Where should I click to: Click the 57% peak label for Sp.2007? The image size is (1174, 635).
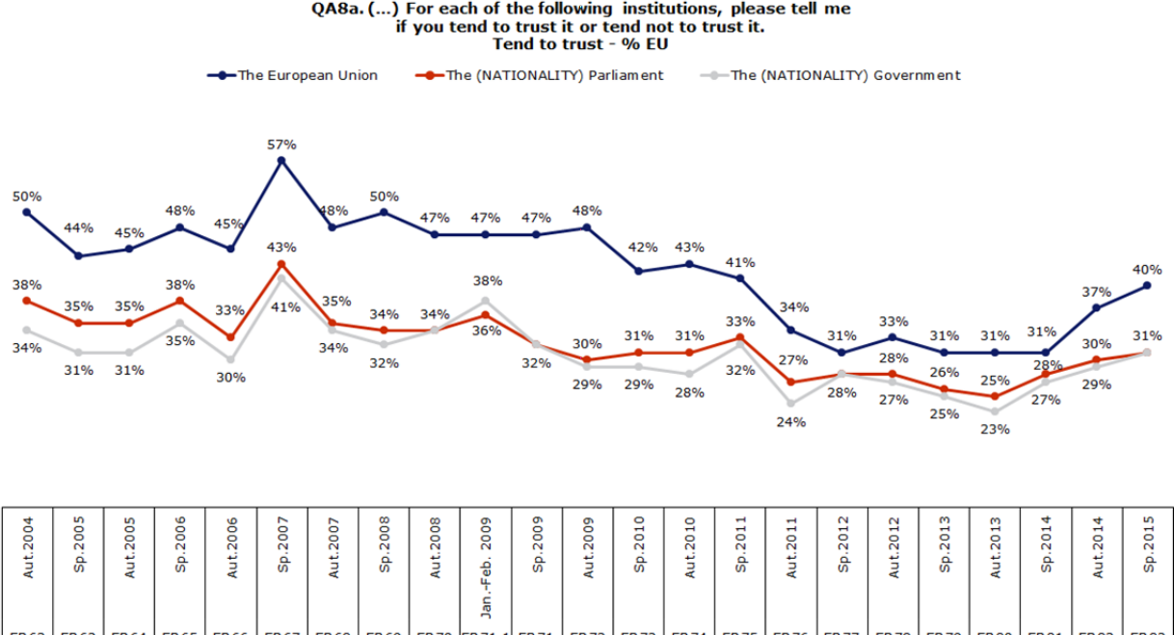tap(281, 145)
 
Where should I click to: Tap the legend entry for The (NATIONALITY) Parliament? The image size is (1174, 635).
tap(540, 75)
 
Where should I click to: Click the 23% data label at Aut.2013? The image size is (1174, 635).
tap(995, 429)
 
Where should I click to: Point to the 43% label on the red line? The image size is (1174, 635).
tap(281, 247)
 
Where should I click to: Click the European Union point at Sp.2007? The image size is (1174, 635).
tap(280, 161)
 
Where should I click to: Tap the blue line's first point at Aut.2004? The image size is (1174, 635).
tap(27, 212)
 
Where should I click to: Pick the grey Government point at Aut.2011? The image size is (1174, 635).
tap(790, 404)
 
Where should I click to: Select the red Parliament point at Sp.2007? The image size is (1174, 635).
tap(280, 264)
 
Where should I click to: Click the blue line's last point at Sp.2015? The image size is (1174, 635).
tap(1147, 285)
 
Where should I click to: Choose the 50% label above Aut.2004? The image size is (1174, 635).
tap(27, 196)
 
